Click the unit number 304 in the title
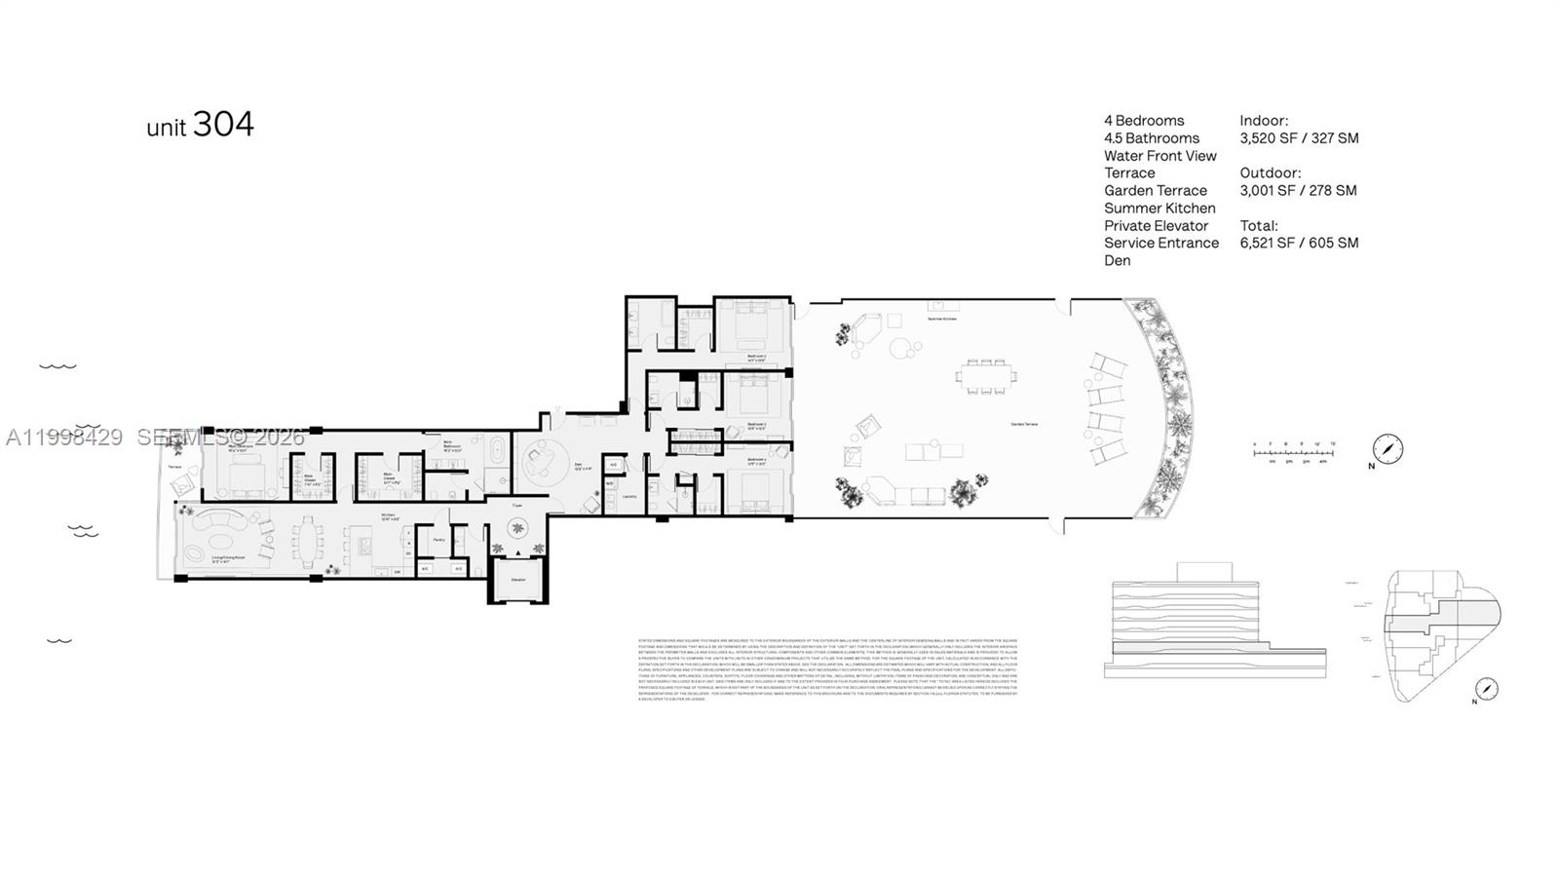click(223, 124)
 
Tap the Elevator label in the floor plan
click(517, 580)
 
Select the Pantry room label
click(438, 539)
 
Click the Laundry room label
click(628, 496)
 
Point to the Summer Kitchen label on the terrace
click(941, 319)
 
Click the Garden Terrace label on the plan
click(1023, 424)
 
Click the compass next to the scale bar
click(1387, 449)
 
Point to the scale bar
click(1293, 454)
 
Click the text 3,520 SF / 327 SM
click(1299, 138)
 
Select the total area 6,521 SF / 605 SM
click(1299, 243)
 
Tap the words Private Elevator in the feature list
click(1156, 225)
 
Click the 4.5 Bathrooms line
click(1152, 138)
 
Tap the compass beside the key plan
click(1486, 688)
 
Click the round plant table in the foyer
click(516, 530)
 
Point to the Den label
click(577, 465)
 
